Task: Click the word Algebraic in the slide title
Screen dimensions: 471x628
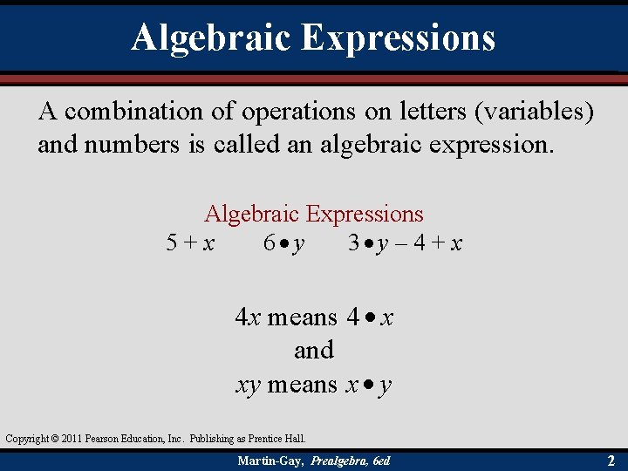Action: point(211,37)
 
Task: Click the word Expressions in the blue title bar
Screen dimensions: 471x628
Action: point(399,37)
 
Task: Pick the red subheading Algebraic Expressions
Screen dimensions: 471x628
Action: point(313,214)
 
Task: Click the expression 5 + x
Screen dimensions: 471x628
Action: point(191,243)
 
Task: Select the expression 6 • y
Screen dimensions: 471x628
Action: point(284,243)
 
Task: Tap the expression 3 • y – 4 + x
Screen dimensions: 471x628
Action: point(405,243)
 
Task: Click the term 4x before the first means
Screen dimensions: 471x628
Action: point(248,317)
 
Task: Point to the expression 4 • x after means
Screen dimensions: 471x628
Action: point(369,317)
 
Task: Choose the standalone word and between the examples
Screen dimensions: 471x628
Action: point(313,351)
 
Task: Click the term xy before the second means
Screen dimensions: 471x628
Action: point(249,385)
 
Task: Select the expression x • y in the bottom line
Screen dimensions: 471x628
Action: point(367,385)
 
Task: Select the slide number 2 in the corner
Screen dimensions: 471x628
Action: point(611,460)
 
